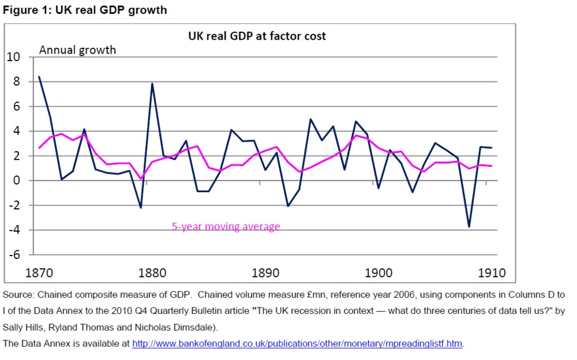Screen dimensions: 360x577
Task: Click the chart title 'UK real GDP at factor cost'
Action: click(257, 36)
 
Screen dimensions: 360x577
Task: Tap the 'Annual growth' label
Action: click(77, 50)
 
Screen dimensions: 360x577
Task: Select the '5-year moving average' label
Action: click(226, 227)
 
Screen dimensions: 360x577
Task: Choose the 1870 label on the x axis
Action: click(39, 272)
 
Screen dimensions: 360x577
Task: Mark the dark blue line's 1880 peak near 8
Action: click(152, 84)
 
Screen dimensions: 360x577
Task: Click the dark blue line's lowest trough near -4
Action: click(469, 227)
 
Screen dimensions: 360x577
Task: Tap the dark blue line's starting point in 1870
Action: click(39, 77)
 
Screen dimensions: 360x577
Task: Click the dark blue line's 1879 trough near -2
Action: click(140, 208)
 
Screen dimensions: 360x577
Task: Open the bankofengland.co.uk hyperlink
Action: click(297, 344)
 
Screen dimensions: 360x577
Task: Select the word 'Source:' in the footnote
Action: click(18, 295)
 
